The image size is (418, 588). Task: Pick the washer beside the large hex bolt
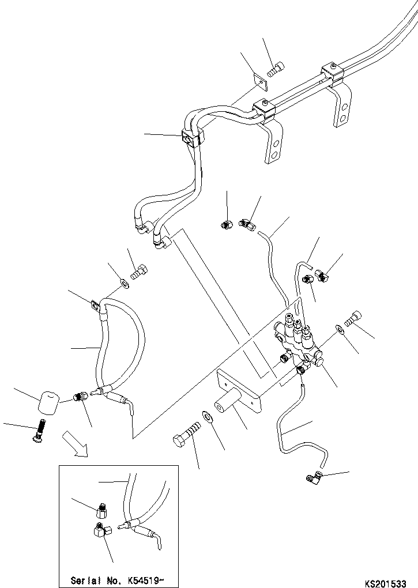pyautogui.click(x=207, y=417)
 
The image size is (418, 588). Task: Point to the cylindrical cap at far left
pyautogui.click(x=49, y=401)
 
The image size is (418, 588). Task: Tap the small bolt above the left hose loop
pyautogui.click(x=139, y=271)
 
